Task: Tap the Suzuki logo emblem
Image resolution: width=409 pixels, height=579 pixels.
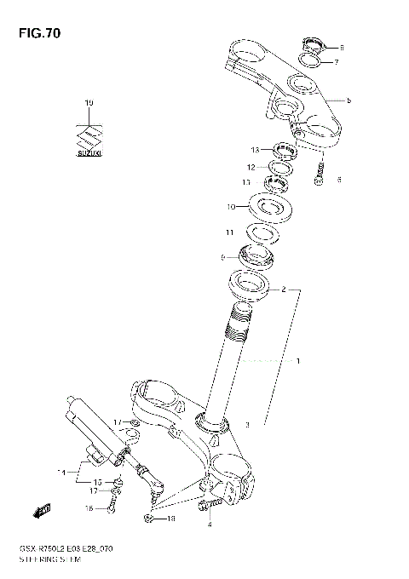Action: pos(88,138)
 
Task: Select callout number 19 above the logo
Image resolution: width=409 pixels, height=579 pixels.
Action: pos(88,103)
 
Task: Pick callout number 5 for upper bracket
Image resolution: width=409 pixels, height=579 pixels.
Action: pos(349,100)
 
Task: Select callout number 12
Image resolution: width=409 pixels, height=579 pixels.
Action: pos(251,167)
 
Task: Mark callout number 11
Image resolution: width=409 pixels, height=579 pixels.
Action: pos(228,232)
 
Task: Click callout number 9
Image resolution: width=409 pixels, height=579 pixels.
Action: pos(223,256)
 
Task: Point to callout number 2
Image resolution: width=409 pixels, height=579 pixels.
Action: pos(283,289)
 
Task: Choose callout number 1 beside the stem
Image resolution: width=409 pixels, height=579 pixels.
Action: pos(298,361)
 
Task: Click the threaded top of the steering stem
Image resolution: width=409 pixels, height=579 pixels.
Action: pos(238,324)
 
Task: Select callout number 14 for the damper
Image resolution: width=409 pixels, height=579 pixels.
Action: pos(60,471)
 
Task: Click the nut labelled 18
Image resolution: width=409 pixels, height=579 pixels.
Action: pos(150,518)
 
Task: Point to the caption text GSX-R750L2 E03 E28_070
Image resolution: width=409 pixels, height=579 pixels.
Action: pos(67,551)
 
